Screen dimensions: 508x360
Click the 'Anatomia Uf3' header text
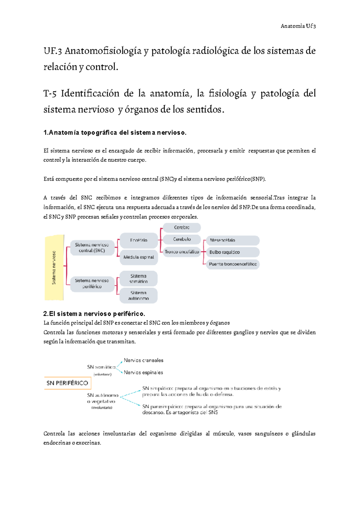298,26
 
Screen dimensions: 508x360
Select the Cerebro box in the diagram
181,228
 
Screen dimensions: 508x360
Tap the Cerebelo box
181,239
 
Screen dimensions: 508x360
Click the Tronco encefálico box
181,252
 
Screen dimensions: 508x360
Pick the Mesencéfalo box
232,240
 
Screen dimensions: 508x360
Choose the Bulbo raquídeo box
232,252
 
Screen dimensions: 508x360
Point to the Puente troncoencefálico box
232,264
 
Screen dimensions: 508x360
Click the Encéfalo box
139,240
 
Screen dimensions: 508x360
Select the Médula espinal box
139,257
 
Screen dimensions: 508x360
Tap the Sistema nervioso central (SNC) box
92,248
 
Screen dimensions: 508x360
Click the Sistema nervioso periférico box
92,284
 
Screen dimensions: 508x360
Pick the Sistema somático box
138,279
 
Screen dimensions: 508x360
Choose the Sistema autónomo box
138,295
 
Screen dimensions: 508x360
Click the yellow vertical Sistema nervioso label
54,267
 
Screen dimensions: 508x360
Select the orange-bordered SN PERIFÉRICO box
67,383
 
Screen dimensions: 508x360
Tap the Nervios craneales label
143,360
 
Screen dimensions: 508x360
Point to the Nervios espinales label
143,372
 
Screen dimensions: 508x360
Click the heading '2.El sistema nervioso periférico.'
94,314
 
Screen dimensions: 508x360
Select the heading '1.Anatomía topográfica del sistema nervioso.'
115,133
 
